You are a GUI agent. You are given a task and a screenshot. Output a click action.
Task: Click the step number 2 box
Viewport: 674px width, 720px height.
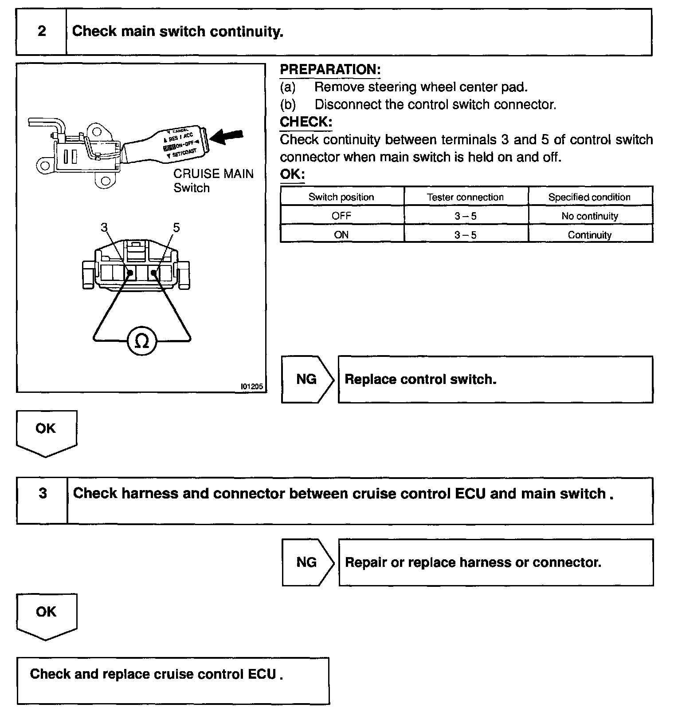[41, 32]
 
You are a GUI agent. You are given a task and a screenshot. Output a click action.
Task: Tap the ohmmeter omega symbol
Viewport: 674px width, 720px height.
[141, 341]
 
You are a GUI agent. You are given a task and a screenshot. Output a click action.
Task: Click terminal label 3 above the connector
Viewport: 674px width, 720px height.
[104, 228]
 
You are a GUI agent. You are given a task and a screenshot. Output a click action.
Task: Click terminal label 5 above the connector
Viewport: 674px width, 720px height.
[176, 228]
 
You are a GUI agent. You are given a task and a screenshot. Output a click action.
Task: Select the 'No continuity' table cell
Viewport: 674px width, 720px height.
[589, 216]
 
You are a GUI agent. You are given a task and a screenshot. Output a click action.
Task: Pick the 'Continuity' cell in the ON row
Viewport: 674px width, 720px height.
[589, 235]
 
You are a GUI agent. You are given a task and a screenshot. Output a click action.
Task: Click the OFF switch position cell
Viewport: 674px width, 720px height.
[341, 216]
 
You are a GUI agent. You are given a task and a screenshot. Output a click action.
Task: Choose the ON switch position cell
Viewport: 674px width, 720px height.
[341, 235]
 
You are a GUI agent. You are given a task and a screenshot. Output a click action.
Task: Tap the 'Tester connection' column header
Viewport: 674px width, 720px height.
[465, 197]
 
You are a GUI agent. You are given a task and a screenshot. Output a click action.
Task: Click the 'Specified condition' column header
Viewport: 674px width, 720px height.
[589, 197]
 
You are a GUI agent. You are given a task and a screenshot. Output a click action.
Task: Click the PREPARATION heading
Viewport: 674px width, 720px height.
[330, 70]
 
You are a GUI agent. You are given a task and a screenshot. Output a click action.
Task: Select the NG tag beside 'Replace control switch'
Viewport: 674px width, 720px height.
[307, 379]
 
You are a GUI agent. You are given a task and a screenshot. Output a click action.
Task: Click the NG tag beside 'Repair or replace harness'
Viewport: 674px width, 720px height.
[307, 562]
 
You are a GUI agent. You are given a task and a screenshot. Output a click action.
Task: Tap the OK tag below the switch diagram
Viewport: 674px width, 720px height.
[46, 429]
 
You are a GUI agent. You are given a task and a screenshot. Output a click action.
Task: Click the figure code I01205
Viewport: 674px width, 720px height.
[251, 387]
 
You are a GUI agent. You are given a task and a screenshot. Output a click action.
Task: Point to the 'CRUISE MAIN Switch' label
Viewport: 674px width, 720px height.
[213, 180]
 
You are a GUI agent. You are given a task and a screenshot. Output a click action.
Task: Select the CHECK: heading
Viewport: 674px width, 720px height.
[306, 122]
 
